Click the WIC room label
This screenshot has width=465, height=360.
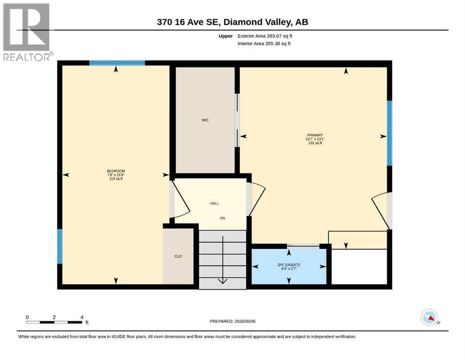tap(205, 120)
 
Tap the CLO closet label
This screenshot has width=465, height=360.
tap(178, 256)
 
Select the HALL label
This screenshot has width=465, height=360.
tap(214, 203)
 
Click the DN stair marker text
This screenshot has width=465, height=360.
tap(222, 218)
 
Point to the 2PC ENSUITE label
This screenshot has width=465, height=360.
tap(289, 265)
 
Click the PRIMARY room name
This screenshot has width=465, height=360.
tap(315, 135)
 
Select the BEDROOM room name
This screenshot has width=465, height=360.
tap(116, 171)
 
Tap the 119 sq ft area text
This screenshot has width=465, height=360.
tap(116, 179)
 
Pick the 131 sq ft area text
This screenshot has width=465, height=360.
tap(315, 143)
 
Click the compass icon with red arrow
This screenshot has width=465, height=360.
tap(429, 317)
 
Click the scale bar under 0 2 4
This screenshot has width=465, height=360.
tap(54, 322)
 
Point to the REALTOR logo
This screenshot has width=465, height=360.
tap(27, 32)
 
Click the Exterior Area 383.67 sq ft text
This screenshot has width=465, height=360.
tap(265, 36)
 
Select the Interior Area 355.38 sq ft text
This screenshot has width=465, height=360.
tap(264, 43)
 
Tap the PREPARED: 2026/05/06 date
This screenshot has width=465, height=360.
tap(232, 321)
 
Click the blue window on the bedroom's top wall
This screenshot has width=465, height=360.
tap(117, 63)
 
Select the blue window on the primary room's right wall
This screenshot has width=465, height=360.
tap(390, 133)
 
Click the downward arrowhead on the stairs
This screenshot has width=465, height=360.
tap(223, 281)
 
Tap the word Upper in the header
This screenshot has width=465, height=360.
tap(225, 36)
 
